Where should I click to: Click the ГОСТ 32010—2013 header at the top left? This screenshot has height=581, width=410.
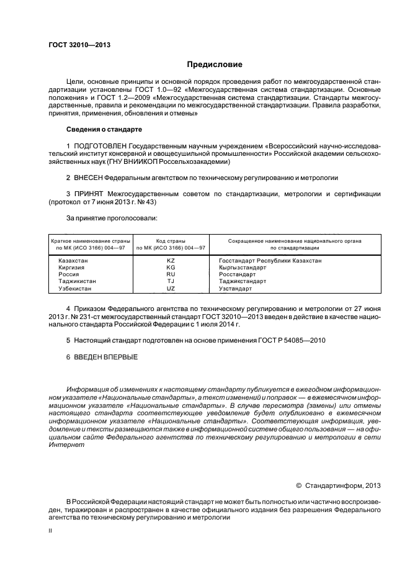(x=75, y=45)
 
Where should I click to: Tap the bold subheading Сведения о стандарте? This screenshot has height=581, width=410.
(x=104, y=129)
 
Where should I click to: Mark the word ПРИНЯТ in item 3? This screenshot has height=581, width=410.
(x=88, y=194)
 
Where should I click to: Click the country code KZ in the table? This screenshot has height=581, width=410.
(x=171, y=261)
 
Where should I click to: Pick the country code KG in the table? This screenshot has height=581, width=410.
(x=171, y=268)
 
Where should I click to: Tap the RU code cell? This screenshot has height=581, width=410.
(x=171, y=274)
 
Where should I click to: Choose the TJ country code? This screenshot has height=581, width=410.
(x=171, y=281)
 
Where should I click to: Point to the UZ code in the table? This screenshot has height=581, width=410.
(x=171, y=289)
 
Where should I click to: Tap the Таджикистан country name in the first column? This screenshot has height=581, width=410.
(x=76, y=281)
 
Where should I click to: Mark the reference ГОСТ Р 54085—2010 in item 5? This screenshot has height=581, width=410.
(x=290, y=340)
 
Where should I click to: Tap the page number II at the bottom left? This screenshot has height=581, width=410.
(x=50, y=533)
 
